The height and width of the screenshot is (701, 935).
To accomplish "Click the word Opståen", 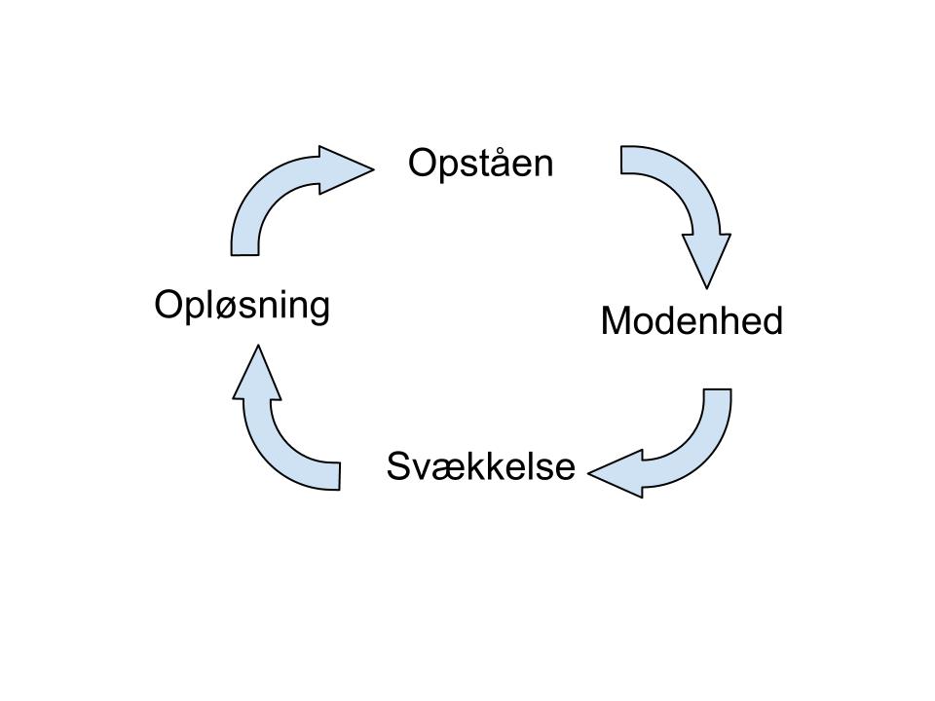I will click(x=480, y=164).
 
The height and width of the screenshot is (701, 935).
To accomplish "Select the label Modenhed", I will click(x=692, y=321).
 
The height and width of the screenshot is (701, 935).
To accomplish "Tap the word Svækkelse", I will click(x=481, y=466).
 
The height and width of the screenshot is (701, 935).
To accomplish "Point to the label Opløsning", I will click(x=243, y=306).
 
